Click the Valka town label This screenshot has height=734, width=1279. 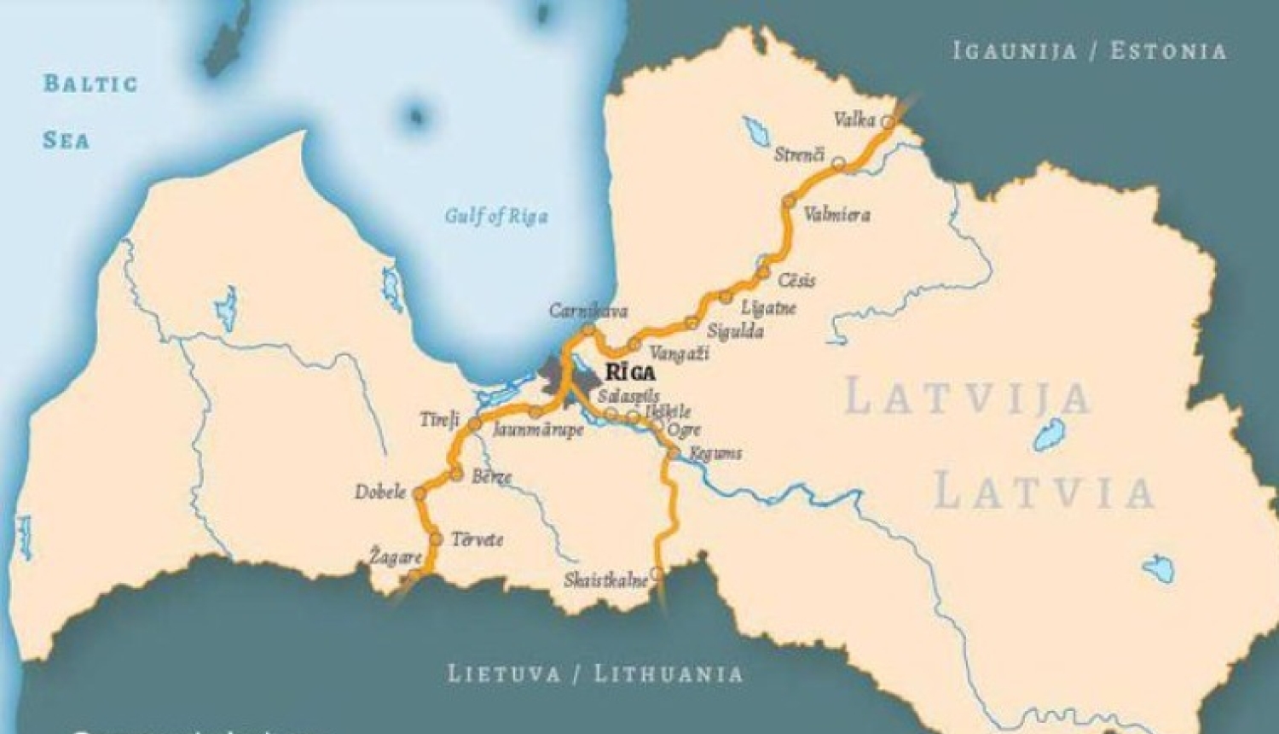point(854,120)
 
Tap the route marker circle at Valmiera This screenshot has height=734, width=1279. point(789,202)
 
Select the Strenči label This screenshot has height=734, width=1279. point(799,155)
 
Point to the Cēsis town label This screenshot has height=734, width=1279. point(796,280)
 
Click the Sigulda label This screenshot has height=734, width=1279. point(735,331)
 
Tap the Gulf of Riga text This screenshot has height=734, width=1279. point(495,216)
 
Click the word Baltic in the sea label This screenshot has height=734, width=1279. point(90,84)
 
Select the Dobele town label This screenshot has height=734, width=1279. point(380,492)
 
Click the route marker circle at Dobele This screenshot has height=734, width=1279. point(419,493)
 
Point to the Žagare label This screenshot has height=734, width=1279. point(396,557)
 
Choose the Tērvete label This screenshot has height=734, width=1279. point(477,539)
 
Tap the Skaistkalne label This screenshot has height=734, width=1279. point(605,581)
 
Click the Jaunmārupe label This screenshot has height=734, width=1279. point(538,430)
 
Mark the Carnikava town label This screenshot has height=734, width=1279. point(588,312)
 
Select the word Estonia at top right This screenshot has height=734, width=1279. point(1167,51)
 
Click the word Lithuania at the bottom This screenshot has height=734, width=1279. point(668,674)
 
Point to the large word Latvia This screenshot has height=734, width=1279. point(1044,493)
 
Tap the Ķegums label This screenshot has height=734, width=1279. point(715,453)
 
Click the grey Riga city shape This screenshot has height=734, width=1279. point(562,376)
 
